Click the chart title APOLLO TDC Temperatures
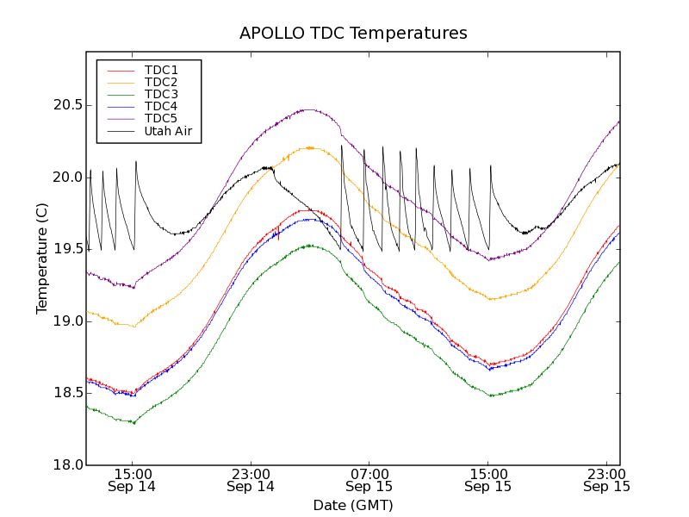(x=353, y=34)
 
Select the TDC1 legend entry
(x=161, y=70)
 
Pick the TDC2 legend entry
(x=161, y=82)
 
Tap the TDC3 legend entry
(x=161, y=94)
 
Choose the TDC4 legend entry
(x=161, y=106)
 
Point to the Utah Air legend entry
(x=168, y=131)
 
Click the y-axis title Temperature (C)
(x=42, y=258)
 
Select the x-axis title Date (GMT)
(x=353, y=505)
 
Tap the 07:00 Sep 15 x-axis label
(x=369, y=480)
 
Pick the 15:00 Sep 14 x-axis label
(x=132, y=480)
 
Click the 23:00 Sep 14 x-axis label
(x=251, y=480)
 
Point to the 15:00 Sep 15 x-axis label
(x=488, y=480)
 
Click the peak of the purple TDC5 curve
(x=308, y=109)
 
